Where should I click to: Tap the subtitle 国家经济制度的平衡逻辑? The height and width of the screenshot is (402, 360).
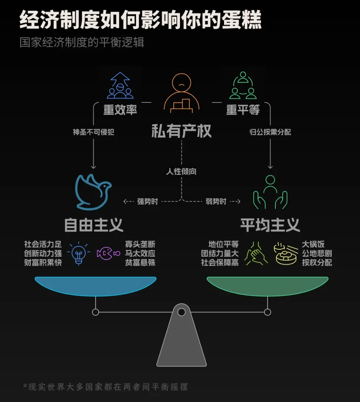[x=82, y=42]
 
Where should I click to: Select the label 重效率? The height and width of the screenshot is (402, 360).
[x=120, y=110]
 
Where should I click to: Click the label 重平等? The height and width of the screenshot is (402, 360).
[x=243, y=110]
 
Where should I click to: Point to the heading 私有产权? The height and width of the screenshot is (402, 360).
[x=181, y=131]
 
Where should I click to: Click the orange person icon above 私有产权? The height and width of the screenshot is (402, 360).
[x=181, y=93]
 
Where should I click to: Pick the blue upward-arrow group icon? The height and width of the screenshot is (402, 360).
[x=120, y=86]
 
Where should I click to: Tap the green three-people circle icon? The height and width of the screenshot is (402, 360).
[x=243, y=86]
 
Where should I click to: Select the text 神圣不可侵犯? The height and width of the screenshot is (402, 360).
[x=94, y=132]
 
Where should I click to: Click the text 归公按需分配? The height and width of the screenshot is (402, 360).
[x=270, y=132]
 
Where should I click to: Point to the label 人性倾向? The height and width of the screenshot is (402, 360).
[x=181, y=172]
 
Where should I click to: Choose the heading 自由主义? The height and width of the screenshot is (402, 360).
[x=94, y=225]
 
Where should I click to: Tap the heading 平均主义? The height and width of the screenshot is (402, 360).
[x=270, y=225]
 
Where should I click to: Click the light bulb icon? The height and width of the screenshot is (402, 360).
[x=78, y=253]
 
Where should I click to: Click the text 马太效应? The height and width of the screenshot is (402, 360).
[x=140, y=254]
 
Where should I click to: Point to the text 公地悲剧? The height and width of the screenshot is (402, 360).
[x=317, y=254]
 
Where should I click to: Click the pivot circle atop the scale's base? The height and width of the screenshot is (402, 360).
[x=181, y=312]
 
